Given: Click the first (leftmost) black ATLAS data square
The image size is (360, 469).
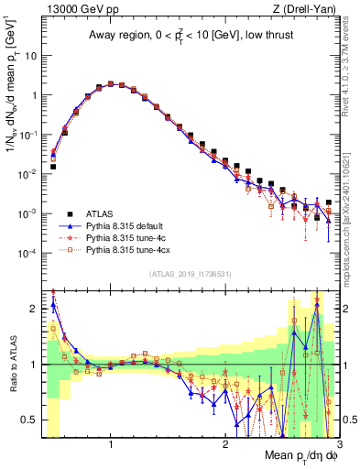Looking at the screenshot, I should coord(54,167).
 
